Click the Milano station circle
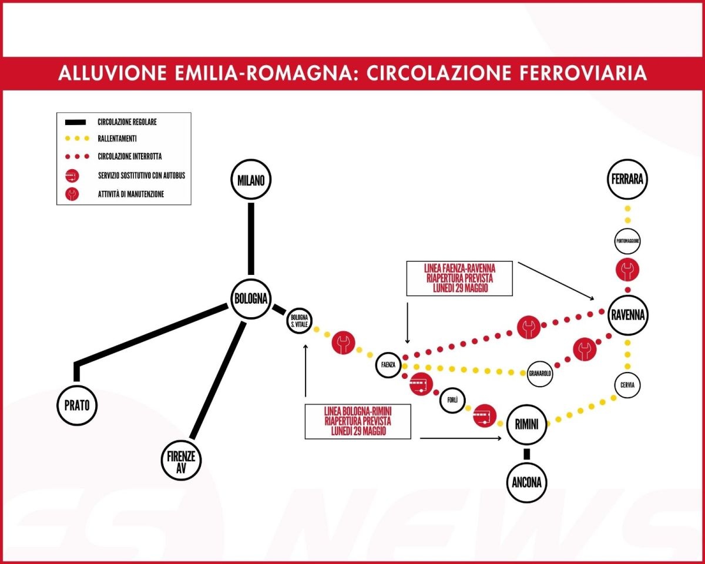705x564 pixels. [251, 180]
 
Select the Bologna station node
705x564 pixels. [251, 298]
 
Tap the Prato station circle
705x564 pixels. [77, 404]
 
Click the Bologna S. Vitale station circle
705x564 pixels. [299, 321]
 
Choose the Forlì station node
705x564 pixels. [452, 400]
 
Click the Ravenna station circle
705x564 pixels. [627, 315]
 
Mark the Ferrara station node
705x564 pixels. [627, 181]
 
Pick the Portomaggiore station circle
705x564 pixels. [627, 241]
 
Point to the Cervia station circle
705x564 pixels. [627, 385]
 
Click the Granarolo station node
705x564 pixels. [541, 373]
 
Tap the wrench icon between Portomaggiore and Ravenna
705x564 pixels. [627, 270]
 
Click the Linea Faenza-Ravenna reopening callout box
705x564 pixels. [459, 278]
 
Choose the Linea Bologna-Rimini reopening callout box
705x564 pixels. [358, 421]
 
